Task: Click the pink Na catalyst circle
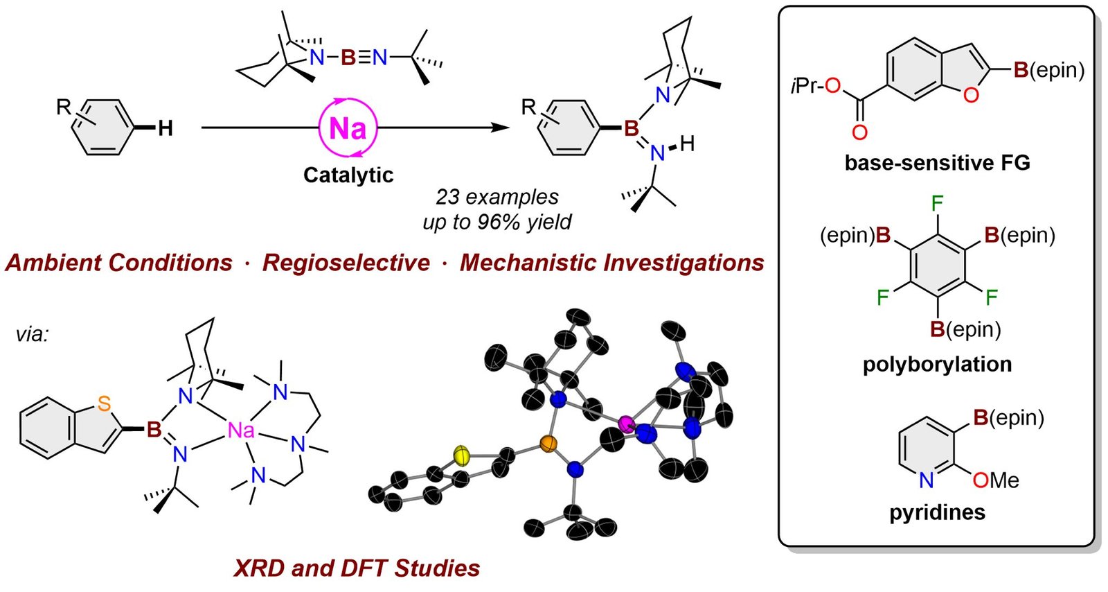point(348,128)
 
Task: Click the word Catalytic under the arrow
point(348,175)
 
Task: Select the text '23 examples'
point(497,197)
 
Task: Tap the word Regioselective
point(346,263)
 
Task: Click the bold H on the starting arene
point(165,128)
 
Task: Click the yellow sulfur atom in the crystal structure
point(462,455)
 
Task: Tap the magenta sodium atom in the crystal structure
point(627,424)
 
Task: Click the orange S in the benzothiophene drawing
point(104,403)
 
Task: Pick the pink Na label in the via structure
point(241,431)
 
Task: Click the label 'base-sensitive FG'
point(937,163)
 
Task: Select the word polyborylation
point(937,364)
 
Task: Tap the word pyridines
point(937,512)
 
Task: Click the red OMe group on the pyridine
point(995,480)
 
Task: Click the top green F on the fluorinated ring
point(937,203)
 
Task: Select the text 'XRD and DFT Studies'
point(357,568)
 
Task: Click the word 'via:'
point(33,335)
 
